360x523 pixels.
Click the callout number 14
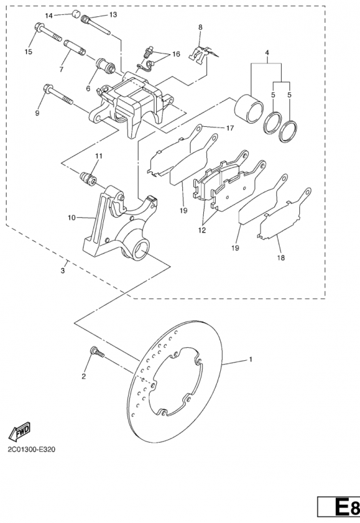tap(48, 16)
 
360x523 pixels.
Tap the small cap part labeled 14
tap(76, 14)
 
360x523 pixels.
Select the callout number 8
tap(201, 27)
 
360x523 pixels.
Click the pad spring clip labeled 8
tap(203, 55)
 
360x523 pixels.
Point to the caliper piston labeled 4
tap(249, 107)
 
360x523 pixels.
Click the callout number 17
tap(230, 128)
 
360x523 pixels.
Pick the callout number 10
tap(72, 218)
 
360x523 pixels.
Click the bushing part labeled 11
tap(89, 178)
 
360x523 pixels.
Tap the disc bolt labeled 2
tap(97, 352)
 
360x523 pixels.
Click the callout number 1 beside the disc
tap(251, 360)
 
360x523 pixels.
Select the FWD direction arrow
tap(20, 431)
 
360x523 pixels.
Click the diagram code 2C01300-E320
tap(31, 449)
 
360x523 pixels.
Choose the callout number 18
tap(281, 258)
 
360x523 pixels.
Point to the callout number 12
tap(202, 230)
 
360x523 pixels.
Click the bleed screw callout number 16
tap(176, 54)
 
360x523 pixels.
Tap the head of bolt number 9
tap(48, 89)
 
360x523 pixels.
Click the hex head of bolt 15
tap(39, 27)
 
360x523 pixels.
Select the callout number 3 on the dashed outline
tap(63, 271)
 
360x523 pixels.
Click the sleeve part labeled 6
tap(106, 66)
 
